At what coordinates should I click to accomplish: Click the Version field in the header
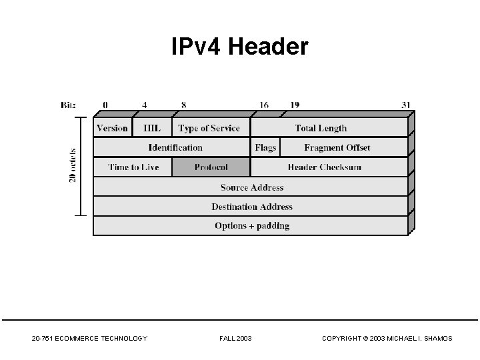pyautogui.click(x=113, y=128)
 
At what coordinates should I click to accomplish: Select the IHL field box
pyautogui.click(x=152, y=128)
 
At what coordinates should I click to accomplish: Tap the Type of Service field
pyautogui.click(x=209, y=128)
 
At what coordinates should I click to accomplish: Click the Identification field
pyautogui.click(x=172, y=147)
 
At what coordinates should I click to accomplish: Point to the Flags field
pyautogui.click(x=265, y=147)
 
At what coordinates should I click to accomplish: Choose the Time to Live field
pyautogui.click(x=133, y=167)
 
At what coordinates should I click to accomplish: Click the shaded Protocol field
pyautogui.click(x=211, y=167)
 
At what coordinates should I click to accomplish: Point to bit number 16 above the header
pyautogui.click(x=264, y=105)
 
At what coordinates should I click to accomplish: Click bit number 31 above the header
pyautogui.click(x=407, y=105)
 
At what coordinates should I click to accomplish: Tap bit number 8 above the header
pyautogui.click(x=183, y=105)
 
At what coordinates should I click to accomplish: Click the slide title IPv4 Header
pyautogui.click(x=240, y=47)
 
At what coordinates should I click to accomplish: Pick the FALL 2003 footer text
pyautogui.click(x=235, y=339)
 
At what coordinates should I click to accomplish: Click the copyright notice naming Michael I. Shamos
pyautogui.click(x=387, y=339)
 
